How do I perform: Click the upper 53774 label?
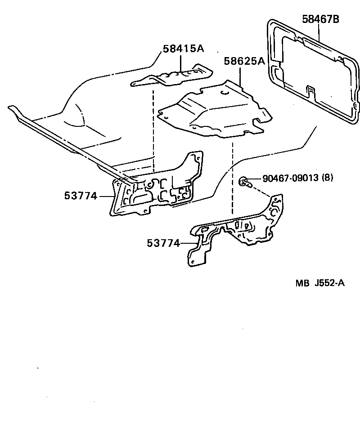pyautogui.click(x=81, y=196)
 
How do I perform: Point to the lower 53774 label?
pyautogui.click(x=163, y=243)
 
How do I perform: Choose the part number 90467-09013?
pyautogui.click(x=291, y=178)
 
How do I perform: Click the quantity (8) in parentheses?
pyautogui.click(x=327, y=178)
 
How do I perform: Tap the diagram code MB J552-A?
pyautogui.click(x=320, y=283)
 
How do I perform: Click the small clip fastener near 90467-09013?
pyautogui.click(x=243, y=181)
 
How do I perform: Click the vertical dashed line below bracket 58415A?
pyautogui.click(x=153, y=130)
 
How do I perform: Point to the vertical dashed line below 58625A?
pyautogui.click(x=232, y=175)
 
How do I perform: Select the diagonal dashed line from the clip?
pyautogui.click(x=261, y=189)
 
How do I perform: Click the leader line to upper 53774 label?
pyautogui.click(x=105, y=196)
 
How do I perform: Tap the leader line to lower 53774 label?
pyautogui.click(x=186, y=243)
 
